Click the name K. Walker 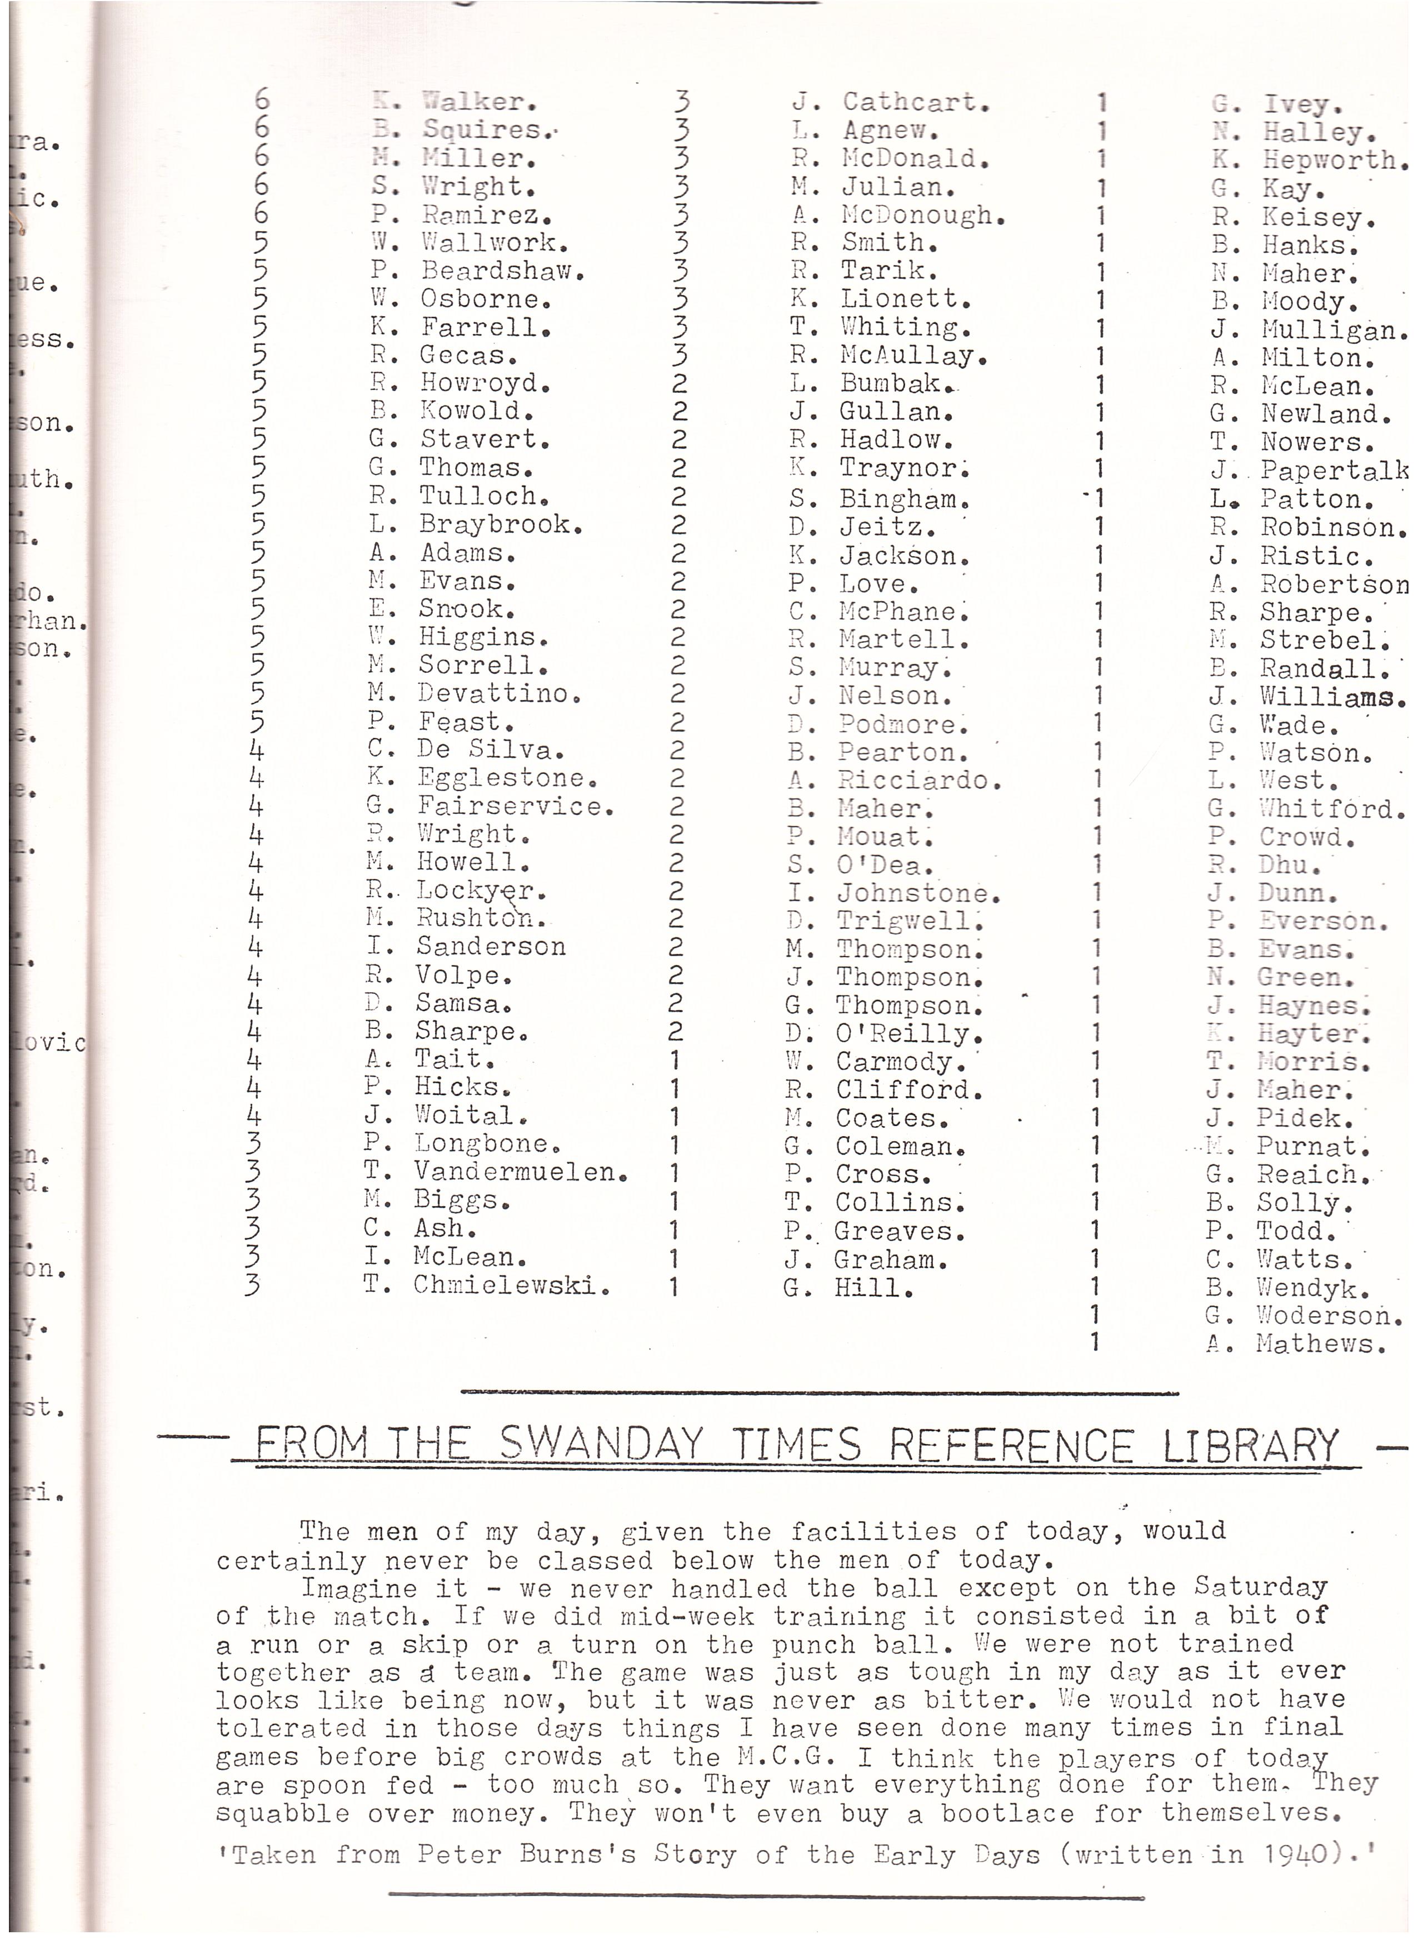point(455,102)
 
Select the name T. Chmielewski point(487,1286)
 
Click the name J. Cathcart point(890,102)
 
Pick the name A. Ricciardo point(895,781)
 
